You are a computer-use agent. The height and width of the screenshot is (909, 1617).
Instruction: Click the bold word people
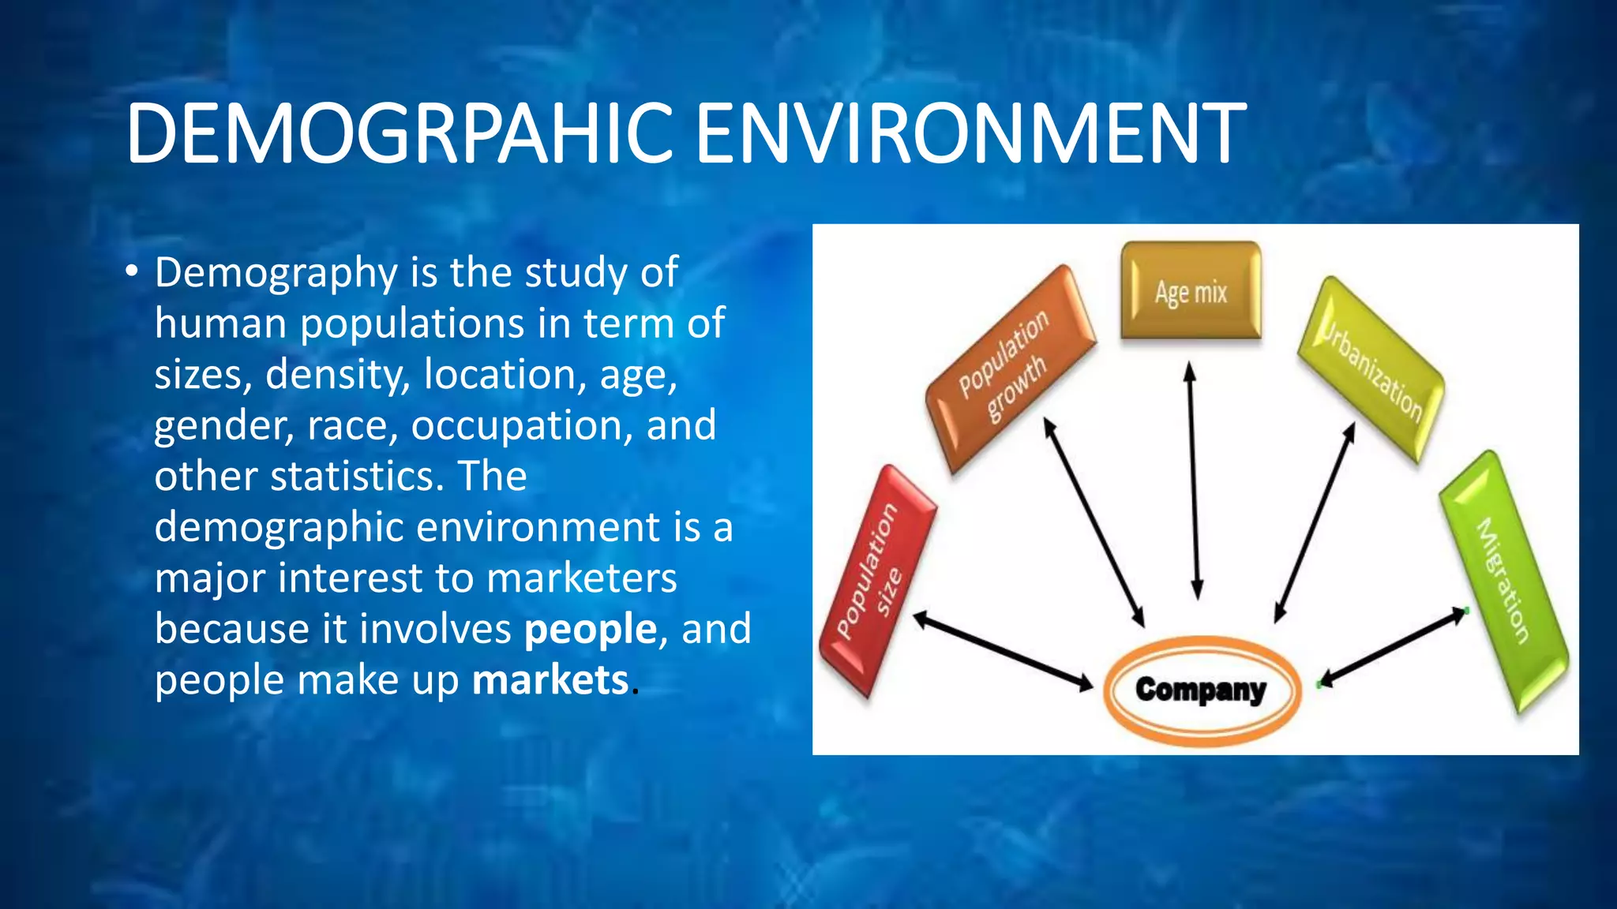[591, 630]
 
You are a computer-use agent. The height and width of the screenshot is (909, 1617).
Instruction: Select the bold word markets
[550, 680]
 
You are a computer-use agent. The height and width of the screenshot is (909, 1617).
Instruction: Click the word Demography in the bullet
[276, 273]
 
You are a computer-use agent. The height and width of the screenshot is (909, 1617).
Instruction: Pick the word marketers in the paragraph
[581, 578]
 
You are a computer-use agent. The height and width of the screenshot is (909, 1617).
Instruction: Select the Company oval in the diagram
[1200, 690]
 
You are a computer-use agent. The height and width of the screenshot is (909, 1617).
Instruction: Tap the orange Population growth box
[1010, 368]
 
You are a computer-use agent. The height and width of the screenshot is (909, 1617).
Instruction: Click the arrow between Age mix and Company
[1194, 481]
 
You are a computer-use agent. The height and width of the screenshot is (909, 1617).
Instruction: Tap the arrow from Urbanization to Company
[1315, 523]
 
